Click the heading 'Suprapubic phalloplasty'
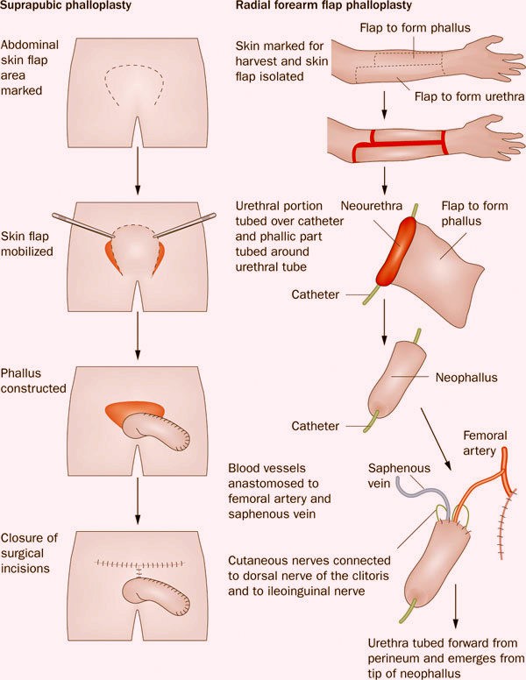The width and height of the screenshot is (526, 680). click(55, 9)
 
